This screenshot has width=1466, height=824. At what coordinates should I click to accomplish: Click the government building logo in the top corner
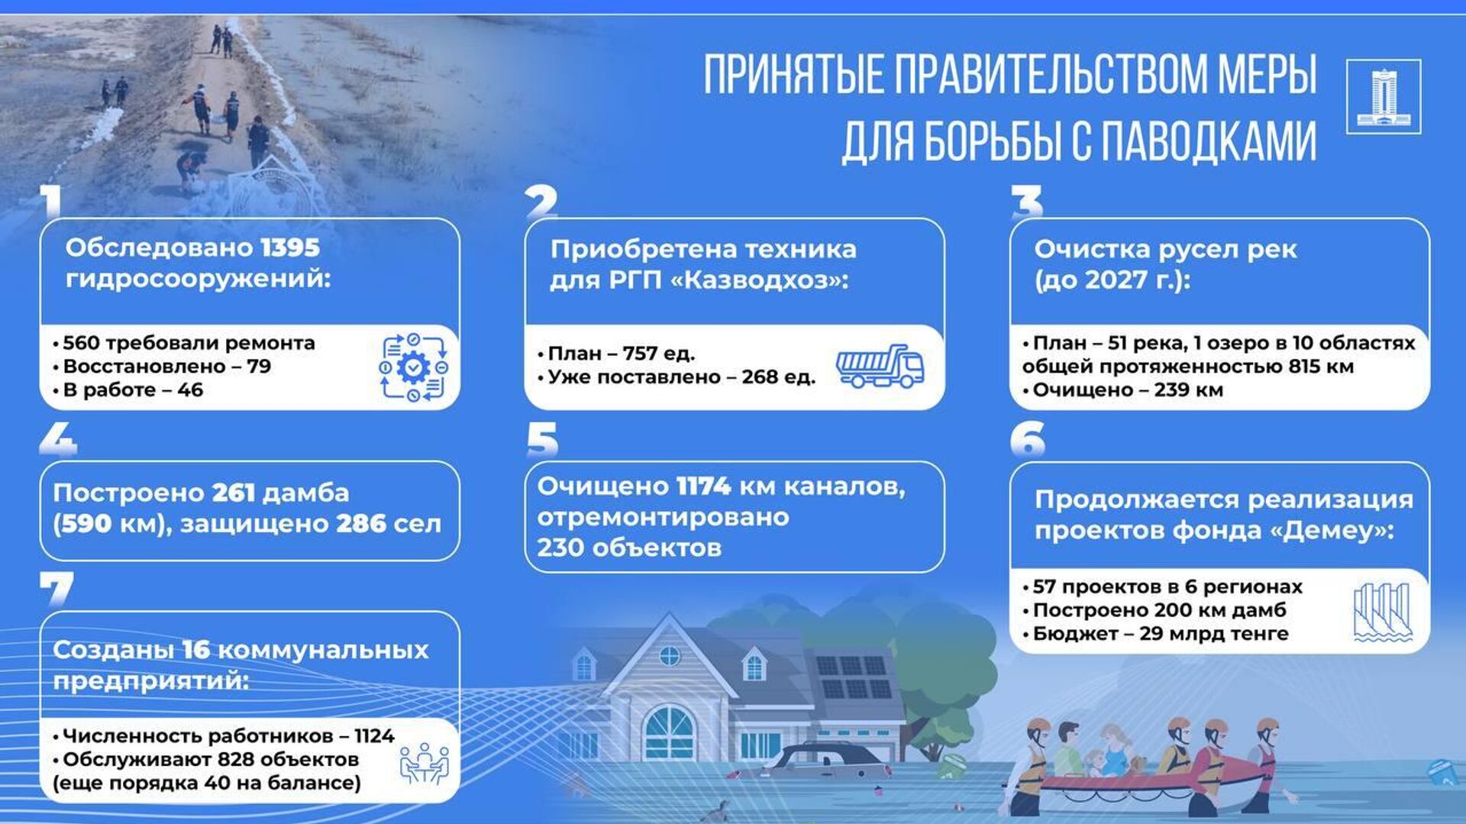(1383, 96)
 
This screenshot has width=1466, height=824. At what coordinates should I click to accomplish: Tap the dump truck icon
(880, 366)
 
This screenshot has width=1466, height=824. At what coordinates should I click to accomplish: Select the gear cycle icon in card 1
(413, 367)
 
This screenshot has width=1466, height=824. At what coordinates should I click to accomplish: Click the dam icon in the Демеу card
(1382, 612)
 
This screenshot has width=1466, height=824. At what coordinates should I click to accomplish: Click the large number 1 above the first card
(52, 202)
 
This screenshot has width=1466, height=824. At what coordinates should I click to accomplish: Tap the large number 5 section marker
(542, 441)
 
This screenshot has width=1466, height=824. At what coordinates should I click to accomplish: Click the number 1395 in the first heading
(290, 247)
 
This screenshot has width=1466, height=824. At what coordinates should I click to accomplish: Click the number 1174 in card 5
(704, 486)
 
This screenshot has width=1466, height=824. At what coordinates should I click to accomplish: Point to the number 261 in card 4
(233, 493)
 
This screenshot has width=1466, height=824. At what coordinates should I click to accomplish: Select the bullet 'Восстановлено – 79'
(162, 367)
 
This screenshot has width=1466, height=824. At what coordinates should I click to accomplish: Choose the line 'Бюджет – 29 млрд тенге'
(1155, 634)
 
